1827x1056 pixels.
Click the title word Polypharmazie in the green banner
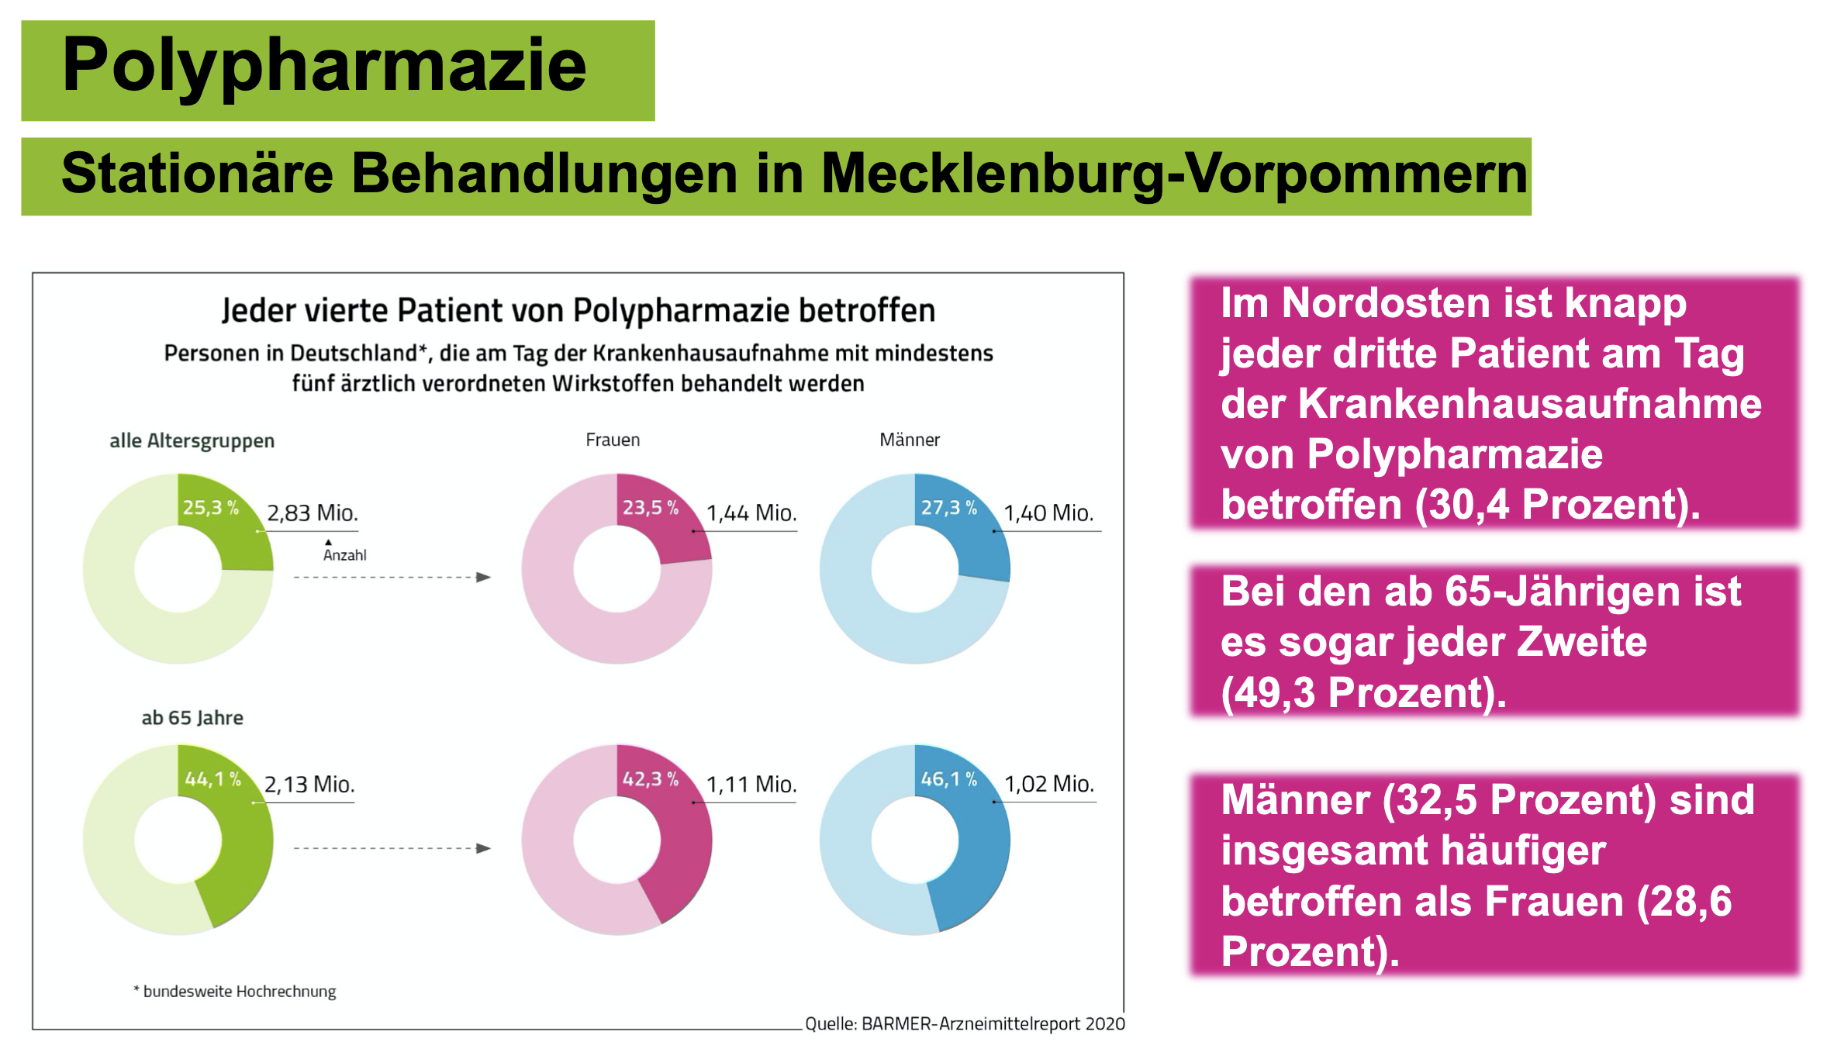324,65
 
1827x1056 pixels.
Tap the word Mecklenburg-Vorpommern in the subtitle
1174,174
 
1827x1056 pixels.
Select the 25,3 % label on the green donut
210,508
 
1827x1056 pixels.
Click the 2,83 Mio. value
313,513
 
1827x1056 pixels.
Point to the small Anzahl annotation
345,555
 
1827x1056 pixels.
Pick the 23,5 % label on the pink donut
650,508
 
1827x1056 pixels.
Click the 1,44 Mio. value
751,513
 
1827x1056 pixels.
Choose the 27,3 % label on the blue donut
948,508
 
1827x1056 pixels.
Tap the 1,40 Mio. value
1048,513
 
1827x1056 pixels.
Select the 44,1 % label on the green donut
212,779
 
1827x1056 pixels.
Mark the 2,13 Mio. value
309,785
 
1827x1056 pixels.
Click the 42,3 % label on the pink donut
650,779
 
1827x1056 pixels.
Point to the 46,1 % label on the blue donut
948,779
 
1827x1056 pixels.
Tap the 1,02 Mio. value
1049,784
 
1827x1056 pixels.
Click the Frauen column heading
613,440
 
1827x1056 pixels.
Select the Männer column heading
910,440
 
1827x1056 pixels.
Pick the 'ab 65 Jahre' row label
192,718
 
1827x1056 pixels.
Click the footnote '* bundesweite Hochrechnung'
235,992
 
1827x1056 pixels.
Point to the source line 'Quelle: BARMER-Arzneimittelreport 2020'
965,1024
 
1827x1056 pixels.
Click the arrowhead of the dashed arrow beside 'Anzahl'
484,577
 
